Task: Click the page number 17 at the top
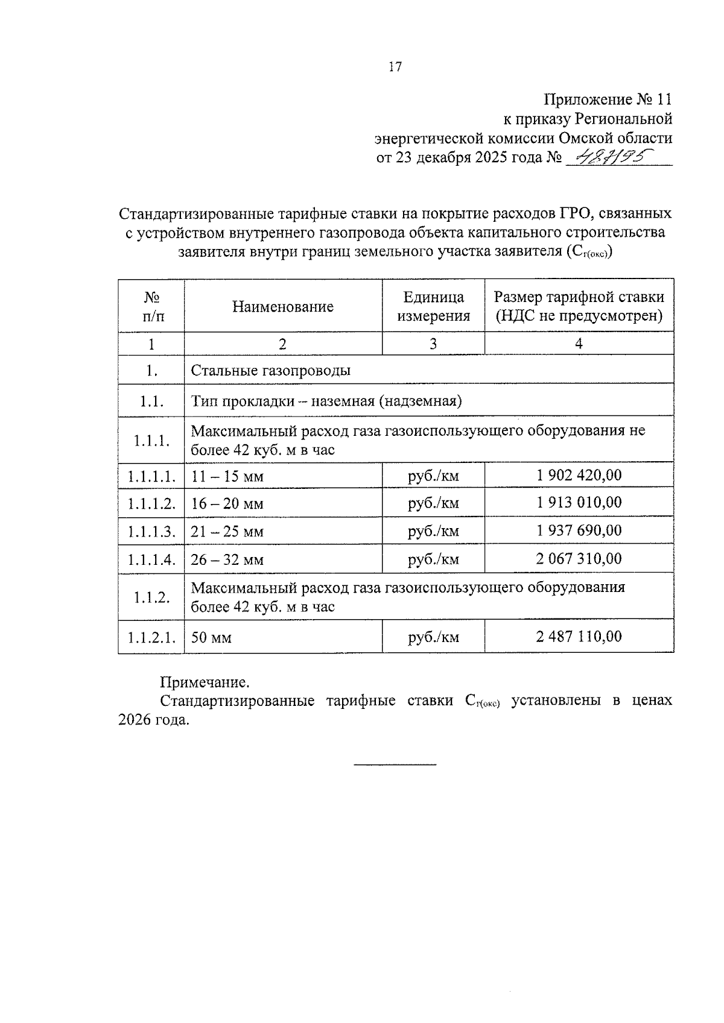tap(395, 67)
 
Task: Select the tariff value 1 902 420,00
tap(579, 475)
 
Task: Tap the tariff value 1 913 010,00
tap(579, 503)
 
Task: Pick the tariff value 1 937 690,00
tap(579, 530)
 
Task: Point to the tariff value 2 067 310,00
tap(579, 559)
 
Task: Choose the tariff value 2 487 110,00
tap(579, 637)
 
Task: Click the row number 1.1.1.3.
tap(151, 532)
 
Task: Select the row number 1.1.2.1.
tap(151, 637)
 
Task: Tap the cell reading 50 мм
tap(211, 638)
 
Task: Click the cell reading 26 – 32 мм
tap(227, 560)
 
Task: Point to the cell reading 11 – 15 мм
tap(227, 477)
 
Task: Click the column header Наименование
tap(282, 307)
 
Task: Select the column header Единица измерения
tap(433, 306)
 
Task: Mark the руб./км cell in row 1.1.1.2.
tap(433, 503)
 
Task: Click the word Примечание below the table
tap(204, 683)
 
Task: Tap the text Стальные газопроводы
tap(270, 370)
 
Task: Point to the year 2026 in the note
tap(137, 720)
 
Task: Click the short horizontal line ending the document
tap(395, 765)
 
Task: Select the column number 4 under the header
tap(579, 344)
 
